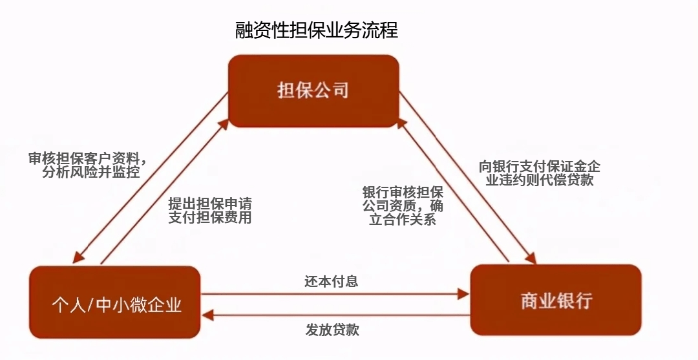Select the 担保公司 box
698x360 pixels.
pyautogui.click(x=313, y=90)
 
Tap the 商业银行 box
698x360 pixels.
pyautogui.click(x=556, y=301)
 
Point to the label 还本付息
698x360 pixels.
pyautogui.click(x=332, y=281)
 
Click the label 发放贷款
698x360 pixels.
pyautogui.click(x=332, y=330)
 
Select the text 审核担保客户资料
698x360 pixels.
pyautogui.click(x=81, y=158)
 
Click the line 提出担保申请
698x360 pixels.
pyautogui.click(x=210, y=203)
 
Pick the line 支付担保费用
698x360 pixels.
pyautogui.click(x=210, y=218)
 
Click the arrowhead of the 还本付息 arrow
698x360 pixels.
pyautogui.click(x=463, y=294)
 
